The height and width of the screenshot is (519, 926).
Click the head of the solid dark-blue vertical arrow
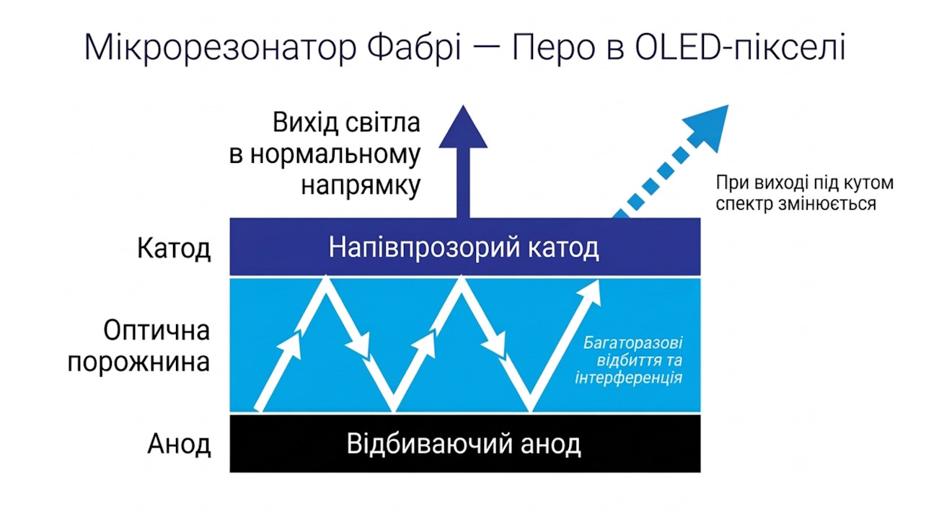pyautogui.click(x=463, y=128)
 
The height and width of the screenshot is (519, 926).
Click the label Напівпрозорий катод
pyautogui.click(x=464, y=248)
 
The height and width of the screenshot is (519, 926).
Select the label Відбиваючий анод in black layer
pyautogui.click(x=464, y=443)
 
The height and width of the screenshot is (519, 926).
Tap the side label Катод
pyautogui.click(x=174, y=249)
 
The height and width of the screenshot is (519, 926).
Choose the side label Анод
pyautogui.click(x=179, y=444)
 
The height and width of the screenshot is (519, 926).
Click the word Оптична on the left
pyautogui.click(x=156, y=331)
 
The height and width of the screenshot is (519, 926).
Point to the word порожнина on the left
pyautogui.click(x=138, y=362)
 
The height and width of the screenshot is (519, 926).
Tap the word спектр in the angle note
pyautogui.click(x=741, y=204)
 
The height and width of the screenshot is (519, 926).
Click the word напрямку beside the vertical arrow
pyautogui.click(x=361, y=186)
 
